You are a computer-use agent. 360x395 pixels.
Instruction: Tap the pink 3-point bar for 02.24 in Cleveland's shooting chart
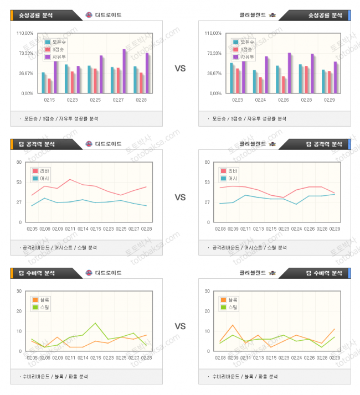coord(260,85)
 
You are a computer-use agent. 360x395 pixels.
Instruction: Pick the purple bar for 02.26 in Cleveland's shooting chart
coord(289,73)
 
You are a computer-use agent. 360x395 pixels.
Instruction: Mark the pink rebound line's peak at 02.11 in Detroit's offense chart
coord(70,179)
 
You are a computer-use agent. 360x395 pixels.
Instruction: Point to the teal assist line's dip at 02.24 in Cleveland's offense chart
coord(296,204)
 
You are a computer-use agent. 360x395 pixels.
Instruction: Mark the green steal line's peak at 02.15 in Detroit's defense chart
coord(95,323)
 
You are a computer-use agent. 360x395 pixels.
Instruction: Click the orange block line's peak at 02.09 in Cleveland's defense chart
coord(233,325)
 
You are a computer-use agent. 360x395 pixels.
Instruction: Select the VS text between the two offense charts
coord(180,197)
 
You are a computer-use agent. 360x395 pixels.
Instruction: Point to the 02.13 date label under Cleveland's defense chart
coord(258,358)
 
